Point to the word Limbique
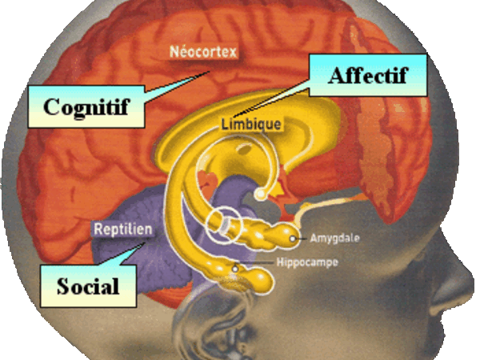pyautogui.click(x=250, y=125)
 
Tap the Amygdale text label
pyautogui.click(x=334, y=238)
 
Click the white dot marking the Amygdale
pyautogui.click(x=294, y=238)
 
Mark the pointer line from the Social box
pyautogui.click(x=128, y=254)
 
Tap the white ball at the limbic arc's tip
pyautogui.click(x=260, y=194)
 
